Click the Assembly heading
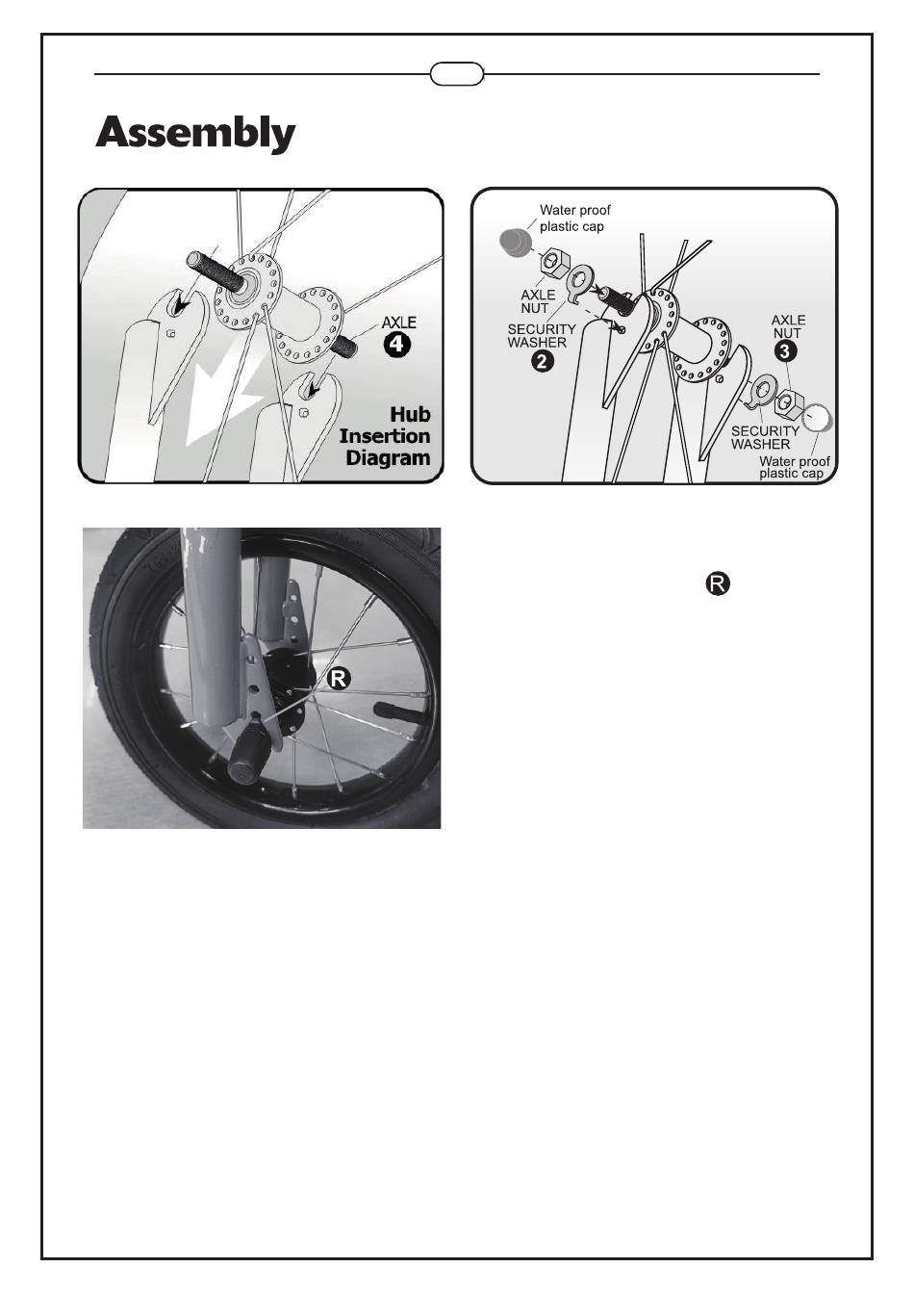[x=195, y=133]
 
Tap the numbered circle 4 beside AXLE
[x=397, y=346]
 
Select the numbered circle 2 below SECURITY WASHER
[x=542, y=361]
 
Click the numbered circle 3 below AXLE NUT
[x=785, y=351]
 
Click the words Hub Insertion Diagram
[x=385, y=436]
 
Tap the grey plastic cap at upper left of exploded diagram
[x=514, y=242]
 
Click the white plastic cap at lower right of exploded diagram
[x=817, y=418]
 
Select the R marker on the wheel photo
[x=339, y=678]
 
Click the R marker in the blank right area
[x=718, y=583]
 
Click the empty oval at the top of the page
[x=457, y=74]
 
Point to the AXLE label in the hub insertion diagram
[x=398, y=323]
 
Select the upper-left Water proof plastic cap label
[x=574, y=219]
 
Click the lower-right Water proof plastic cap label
[x=794, y=467]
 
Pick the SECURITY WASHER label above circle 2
[x=542, y=335]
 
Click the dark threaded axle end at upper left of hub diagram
[x=212, y=271]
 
